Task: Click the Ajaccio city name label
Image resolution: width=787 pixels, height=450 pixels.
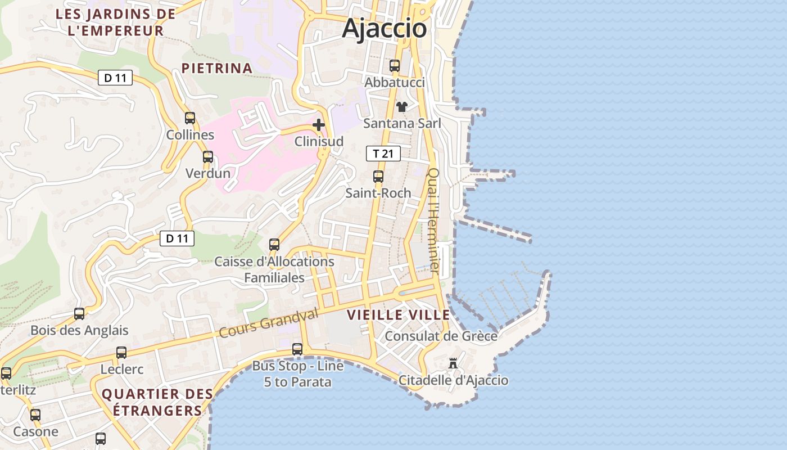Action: [x=385, y=28]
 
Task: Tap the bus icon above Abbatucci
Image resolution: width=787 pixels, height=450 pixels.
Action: [x=395, y=65]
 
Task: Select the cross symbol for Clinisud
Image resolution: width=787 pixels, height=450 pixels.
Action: [x=319, y=124]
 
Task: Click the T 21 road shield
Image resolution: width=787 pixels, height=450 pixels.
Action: [x=383, y=153]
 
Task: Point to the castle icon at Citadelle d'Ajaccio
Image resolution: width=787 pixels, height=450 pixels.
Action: [x=453, y=363]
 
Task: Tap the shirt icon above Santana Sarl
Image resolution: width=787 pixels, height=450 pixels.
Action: [x=402, y=106]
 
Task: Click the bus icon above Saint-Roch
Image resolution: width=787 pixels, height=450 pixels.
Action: [x=378, y=176]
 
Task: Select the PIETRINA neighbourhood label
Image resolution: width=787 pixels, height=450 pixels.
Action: [x=217, y=69]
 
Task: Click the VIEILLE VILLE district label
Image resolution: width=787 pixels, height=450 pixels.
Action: [x=399, y=315]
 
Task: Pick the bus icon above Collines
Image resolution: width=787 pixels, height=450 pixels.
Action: [x=190, y=118]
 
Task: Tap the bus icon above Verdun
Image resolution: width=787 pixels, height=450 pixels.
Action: [x=208, y=156]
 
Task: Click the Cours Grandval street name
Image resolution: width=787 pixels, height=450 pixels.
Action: [x=269, y=323]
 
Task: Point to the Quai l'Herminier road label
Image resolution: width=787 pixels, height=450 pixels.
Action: [x=433, y=221]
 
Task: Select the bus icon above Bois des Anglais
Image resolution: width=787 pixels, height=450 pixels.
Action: [x=79, y=313]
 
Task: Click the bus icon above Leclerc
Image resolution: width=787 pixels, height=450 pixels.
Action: [x=121, y=353]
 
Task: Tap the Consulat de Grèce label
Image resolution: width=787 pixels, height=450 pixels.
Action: [x=441, y=336]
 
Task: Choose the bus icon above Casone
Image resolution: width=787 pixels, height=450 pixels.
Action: [x=35, y=415]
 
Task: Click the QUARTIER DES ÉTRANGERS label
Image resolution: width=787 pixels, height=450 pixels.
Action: [x=157, y=402]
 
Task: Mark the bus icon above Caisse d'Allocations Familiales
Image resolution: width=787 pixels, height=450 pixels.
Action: [x=274, y=244]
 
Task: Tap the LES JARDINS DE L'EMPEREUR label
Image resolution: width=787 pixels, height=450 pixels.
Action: [x=116, y=22]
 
